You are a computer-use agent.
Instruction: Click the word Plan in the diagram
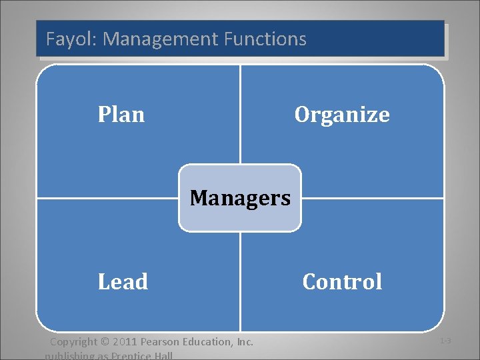coord(121,115)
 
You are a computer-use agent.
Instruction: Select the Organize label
coord(342,115)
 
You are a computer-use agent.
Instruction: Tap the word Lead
coord(123,281)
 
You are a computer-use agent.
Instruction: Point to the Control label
coord(342,281)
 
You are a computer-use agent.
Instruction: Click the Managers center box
coord(240,198)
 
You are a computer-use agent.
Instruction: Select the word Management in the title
coord(161,39)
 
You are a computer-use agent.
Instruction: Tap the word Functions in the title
coord(265,39)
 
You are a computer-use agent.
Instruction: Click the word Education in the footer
coord(208,342)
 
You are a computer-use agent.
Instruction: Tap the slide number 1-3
coord(445,341)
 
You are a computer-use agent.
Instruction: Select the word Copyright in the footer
coord(75,342)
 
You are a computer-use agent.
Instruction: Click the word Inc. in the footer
coord(245,342)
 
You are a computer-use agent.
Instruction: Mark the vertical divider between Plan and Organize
coord(240,113)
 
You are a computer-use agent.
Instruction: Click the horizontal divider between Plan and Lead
coord(107,198)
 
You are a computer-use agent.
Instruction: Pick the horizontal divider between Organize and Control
coord(373,198)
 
